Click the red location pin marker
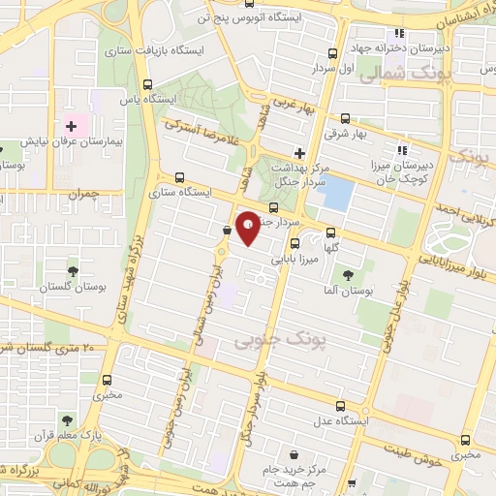[x=247, y=227]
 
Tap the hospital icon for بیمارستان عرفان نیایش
[x=71, y=126]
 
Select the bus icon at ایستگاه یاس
[x=148, y=84]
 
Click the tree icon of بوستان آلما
[x=347, y=276]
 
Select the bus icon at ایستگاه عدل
[x=339, y=407]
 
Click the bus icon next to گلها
[x=331, y=232]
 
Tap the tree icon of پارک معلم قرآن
[x=67, y=420]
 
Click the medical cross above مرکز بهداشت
[x=299, y=152]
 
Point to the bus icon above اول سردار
[x=332, y=54]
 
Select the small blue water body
[x=335, y=195]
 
